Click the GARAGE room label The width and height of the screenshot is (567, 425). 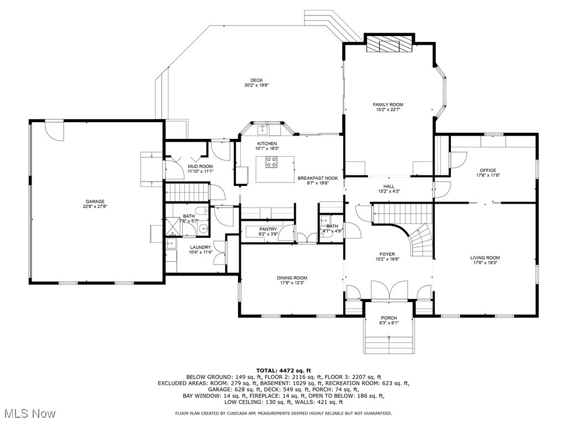tap(95, 201)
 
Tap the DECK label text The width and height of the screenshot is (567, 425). tap(256, 80)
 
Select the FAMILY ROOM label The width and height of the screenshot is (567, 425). tap(388, 105)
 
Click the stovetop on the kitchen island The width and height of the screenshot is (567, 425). tap(272, 162)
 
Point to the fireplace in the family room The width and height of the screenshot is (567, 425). tap(389, 45)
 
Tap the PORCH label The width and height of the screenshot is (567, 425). tap(389, 318)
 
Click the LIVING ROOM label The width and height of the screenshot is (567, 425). tap(485, 258)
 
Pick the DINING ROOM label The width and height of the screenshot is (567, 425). tap(292, 278)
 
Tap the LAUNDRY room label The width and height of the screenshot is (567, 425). tap(200, 247)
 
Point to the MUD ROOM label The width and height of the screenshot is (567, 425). tap(200, 166)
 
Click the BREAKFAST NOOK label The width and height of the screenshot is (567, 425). tap(313, 178)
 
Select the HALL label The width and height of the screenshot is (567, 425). tap(388, 186)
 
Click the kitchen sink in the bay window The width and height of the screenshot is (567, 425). tap(261, 130)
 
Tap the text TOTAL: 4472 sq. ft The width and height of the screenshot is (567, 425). tap(283, 370)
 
